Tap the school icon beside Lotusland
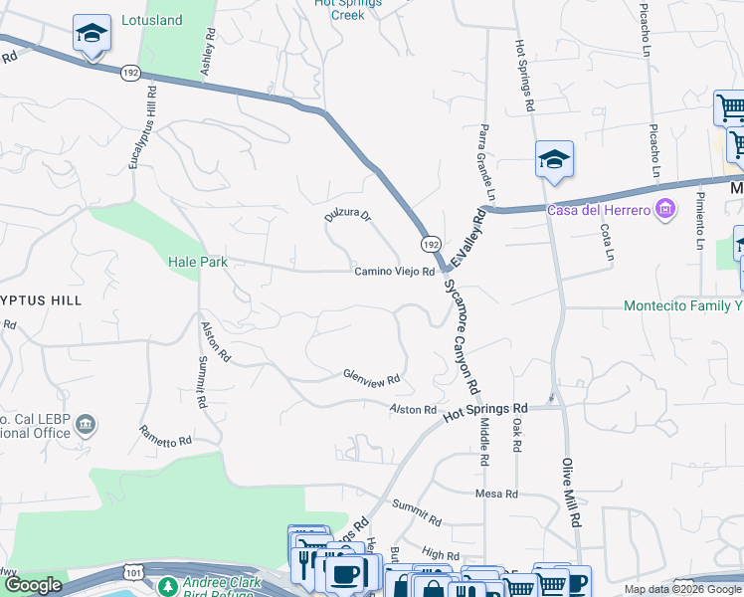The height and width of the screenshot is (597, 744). tap(92, 35)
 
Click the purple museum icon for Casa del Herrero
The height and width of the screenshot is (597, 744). tap(665, 208)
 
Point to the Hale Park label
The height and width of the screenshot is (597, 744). tap(198, 262)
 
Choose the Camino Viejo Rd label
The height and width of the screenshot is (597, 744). tap(395, 272)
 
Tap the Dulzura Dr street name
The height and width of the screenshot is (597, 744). tap(348, 215)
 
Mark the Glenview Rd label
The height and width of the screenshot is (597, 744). tap(371, 378)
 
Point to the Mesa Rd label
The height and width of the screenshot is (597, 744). tap(496, 494)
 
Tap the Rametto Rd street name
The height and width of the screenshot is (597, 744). tap(164, 435)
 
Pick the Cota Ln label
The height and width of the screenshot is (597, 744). tap(607, 243)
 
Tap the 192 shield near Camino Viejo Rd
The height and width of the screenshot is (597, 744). tap(430, 244)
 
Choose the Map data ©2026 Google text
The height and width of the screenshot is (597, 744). tap(682, 589)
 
